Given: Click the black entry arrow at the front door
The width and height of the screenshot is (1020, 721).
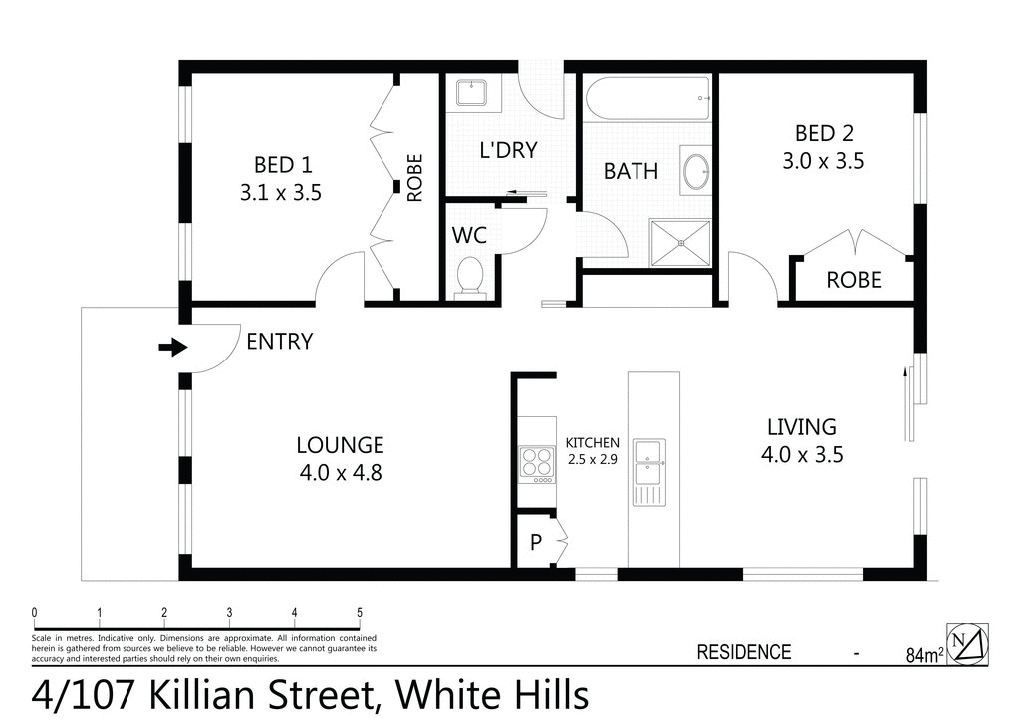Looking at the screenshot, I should (x=172, y=347).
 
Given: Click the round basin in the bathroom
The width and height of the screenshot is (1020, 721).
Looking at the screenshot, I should (x=695, y=170).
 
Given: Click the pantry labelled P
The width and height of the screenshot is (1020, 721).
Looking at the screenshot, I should (x=536, y=543).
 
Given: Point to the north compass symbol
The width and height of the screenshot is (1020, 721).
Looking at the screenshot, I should (x=969, y=643).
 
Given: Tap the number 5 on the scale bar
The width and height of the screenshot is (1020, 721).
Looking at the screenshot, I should (x=359, y=612).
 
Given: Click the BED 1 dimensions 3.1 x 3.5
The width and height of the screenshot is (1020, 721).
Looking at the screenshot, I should (x=280, y=193).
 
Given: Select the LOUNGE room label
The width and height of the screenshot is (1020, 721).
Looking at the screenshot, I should (x=340, y=445).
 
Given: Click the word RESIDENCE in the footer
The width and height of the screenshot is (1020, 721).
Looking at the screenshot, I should (x=743, y=653).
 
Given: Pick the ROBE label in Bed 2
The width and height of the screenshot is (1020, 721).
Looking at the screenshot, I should (x=854, y=280).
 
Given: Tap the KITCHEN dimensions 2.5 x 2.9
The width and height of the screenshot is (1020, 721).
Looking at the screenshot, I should (x=593, y=459).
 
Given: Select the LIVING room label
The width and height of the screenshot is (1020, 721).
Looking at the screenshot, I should (x=801, y=427).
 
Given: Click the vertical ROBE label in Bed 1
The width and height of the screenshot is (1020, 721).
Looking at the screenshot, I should (x=415, y=177).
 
